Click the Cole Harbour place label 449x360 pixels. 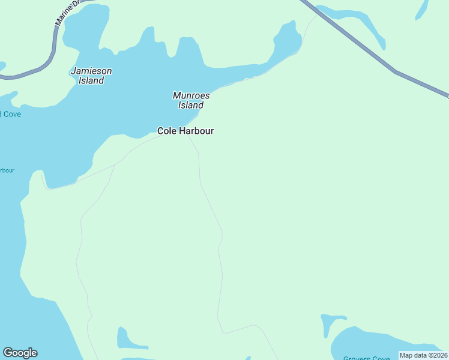click(x=185, y=131)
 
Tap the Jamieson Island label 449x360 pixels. click(x=91, y=76)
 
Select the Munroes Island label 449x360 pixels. click(x=191, y=100)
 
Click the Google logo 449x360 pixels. click(x=20, y=353)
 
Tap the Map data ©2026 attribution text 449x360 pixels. click(x=423, y=355)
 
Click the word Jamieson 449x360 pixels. click(x=91, y=71)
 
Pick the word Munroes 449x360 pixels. click(x=191, y=95)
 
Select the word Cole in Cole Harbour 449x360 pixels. click(x=166, y=131)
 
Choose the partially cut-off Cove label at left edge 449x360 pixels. click(x=10, y=114)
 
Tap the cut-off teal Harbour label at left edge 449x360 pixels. click(x=7, y=170)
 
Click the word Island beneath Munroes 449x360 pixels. click(x=191, y=106)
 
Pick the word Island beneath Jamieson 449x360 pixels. click(x=91, y=81)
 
